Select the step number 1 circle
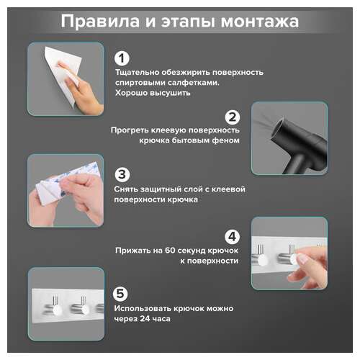pos(122,58)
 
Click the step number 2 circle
pos(232,117)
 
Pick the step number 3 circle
pos(122,175)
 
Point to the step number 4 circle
pos(232,236)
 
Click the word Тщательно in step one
pos(136,73)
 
